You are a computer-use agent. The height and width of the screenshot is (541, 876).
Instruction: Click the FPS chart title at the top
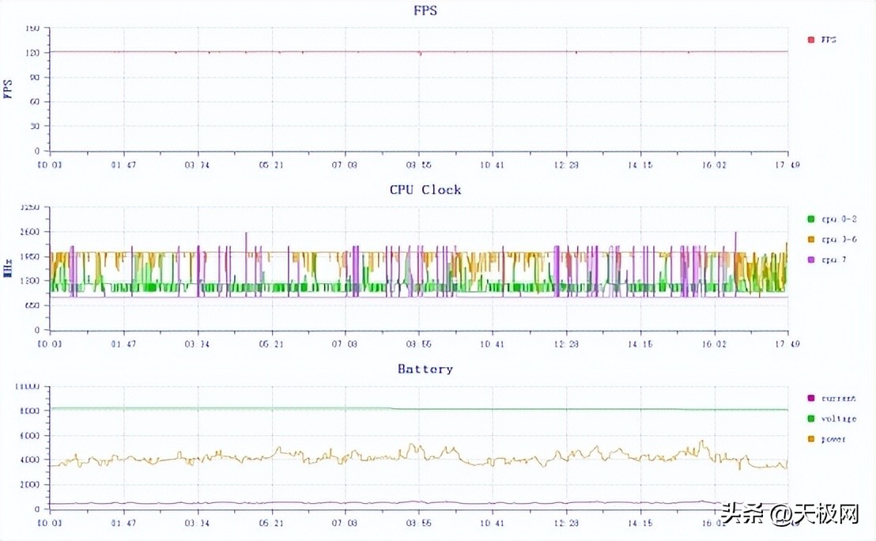pyautogui.click(x=425, y=10)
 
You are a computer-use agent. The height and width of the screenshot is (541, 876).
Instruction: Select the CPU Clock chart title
pyautogui.click(x=425, y=190)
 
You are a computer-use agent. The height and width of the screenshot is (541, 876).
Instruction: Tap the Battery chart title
pyautogui.click(x=425, y=369)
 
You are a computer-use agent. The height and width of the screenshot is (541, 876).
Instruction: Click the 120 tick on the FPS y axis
pyautogui.click(x=32, y=52)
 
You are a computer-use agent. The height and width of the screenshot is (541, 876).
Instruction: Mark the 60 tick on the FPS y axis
pyautogui.click(x=35, y=101)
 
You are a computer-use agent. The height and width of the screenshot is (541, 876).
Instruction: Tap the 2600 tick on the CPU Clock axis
pyautogui.click(x=30, y=232)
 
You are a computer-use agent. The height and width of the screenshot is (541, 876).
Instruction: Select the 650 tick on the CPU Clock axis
pyautogui.click(x=32, y=305)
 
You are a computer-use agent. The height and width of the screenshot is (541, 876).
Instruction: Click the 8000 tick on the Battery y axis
pyautogui.click(x=30, y=411)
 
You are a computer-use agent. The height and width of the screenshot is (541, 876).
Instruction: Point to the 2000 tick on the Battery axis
pyautogui.click(x=30, y=485)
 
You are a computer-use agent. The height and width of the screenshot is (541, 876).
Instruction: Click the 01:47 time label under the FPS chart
pyautogui.click(x=123, y=165)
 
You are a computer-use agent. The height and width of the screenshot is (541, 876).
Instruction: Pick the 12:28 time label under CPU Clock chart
pyautogui.click(x=565, y=344)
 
